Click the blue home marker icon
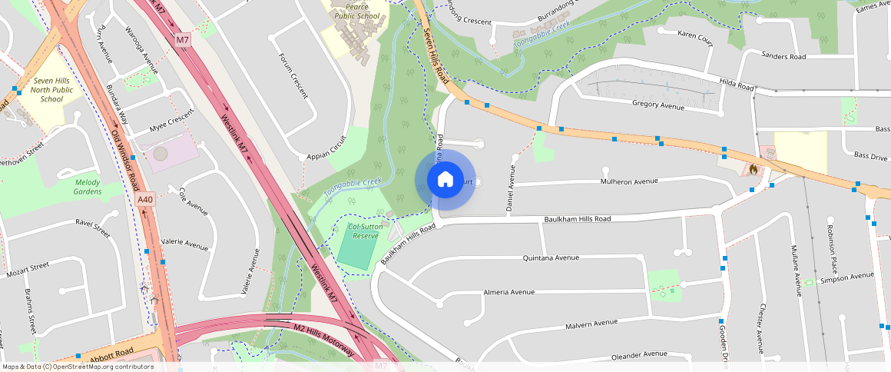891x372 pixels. click(445, 180)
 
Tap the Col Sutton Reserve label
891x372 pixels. click(363, 231)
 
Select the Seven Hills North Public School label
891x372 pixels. click(52, 89)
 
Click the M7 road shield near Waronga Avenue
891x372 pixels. click(182, 39)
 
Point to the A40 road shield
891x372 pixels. click(145, 200)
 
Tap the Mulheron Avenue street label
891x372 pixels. click(629, 181)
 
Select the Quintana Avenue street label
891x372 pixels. click(550, 258)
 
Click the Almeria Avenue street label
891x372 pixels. click(508, 292)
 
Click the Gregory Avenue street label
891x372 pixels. click(657, 105)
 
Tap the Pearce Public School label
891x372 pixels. click(357, 10)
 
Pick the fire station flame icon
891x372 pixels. click(753, 167)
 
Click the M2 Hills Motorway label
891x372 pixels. click(323, 339)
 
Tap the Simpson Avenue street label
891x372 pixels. click(846, 276)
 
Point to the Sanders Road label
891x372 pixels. click(783, 57)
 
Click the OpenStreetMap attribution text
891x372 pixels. click(78, 367)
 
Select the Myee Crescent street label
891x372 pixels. click(171, 124)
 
